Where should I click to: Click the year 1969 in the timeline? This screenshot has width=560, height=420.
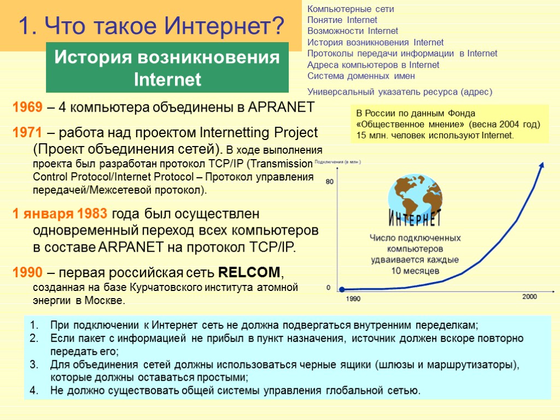coord(27,107)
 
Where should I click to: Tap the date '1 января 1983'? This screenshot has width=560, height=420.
coord(62,213)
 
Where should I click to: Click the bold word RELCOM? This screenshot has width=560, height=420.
coord(250,272)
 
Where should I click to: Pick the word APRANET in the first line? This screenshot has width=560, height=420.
coord(281,107)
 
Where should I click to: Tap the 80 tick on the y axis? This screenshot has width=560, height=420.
coord(329,182)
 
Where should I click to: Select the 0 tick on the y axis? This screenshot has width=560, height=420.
coord(328,287)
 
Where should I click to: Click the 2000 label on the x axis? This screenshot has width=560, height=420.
coord(529,296)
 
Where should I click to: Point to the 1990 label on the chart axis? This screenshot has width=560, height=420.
coord(353,299)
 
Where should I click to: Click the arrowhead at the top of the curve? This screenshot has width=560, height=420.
coord(542,164)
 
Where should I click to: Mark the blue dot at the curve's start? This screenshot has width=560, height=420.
coord(341,289)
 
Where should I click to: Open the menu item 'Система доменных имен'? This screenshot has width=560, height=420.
coord(361,76)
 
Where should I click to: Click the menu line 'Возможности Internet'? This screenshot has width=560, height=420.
coord(353,31)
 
